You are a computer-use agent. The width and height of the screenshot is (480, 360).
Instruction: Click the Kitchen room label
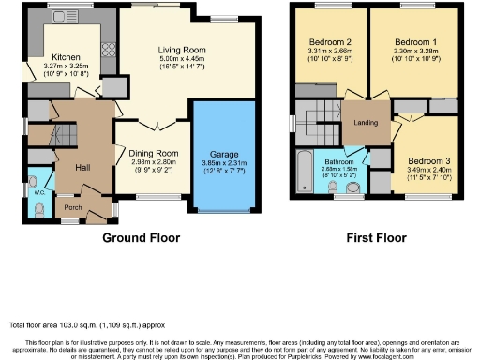point(66,56)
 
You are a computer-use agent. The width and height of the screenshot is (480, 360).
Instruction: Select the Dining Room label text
point(154,152)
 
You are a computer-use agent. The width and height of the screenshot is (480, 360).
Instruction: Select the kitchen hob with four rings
point(105,50)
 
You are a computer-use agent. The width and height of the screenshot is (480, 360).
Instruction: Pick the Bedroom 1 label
point(412,43)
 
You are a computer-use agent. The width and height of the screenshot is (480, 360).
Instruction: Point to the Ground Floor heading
point(141,238)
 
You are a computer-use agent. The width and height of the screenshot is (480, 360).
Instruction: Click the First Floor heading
point(370,238)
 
